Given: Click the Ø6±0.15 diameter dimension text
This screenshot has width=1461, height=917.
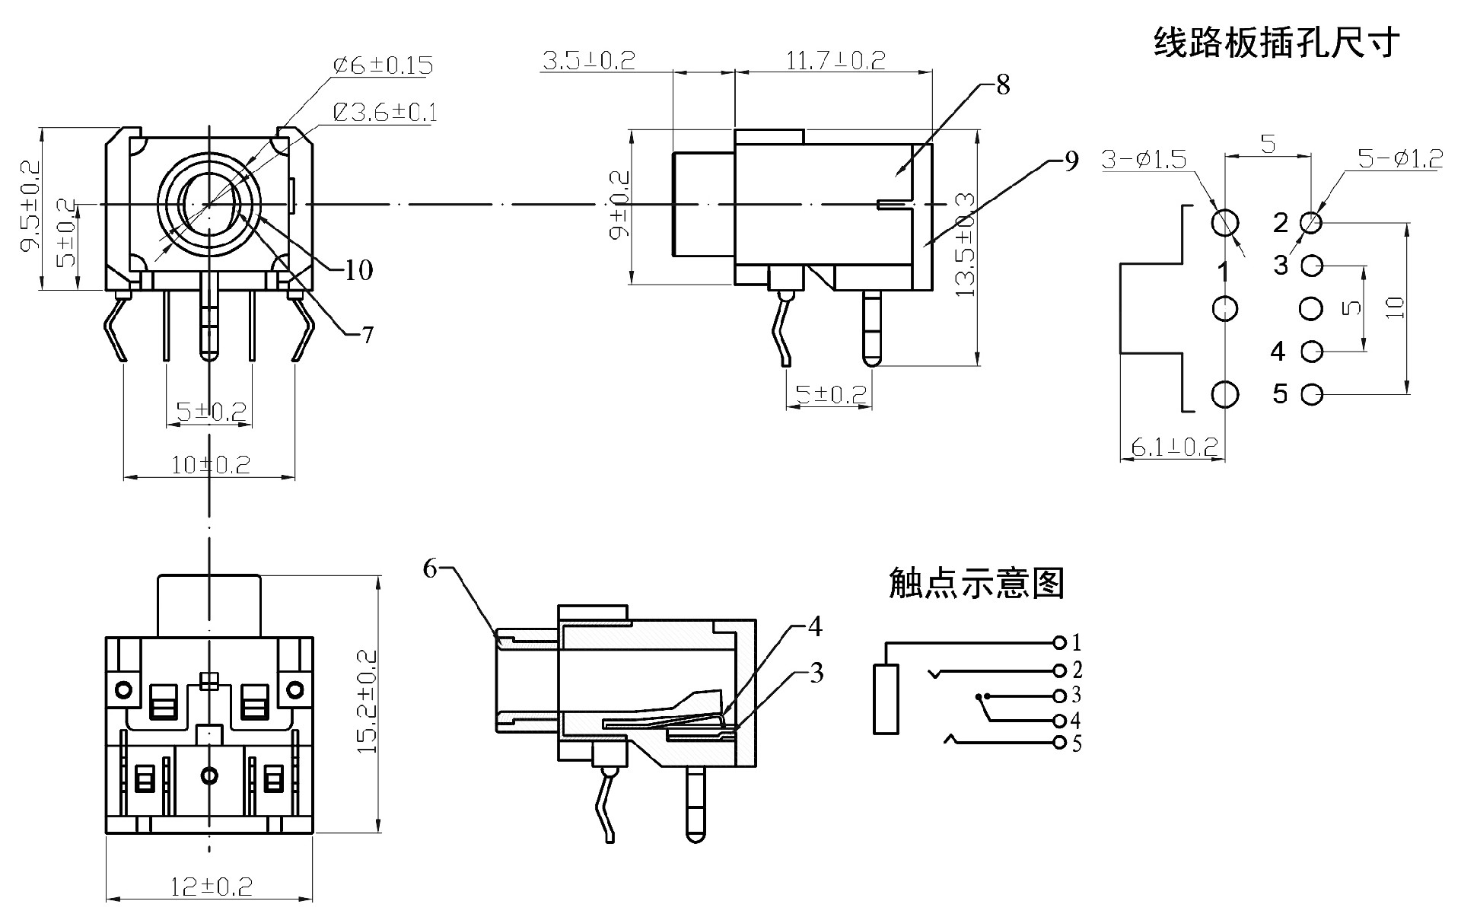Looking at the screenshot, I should (384, 65).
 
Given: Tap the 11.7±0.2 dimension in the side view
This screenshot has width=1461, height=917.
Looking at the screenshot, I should (835, 61).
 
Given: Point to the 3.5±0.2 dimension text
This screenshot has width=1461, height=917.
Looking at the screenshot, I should (587, 61).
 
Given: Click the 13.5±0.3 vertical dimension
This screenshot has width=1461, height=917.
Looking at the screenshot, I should (965, 245).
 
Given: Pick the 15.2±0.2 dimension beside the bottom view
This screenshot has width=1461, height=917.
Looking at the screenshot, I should (368, 701).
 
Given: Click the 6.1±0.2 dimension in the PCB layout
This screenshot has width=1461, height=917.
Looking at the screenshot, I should (1174, 447).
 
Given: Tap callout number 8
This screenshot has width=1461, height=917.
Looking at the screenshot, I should (1003, 85).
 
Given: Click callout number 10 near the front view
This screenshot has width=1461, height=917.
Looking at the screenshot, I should (358, 269).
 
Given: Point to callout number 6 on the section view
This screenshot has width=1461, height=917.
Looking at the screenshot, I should (431, 568).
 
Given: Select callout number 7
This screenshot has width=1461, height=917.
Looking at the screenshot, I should (368, 335).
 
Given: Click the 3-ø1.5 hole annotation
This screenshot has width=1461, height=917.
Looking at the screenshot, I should (1144, 160).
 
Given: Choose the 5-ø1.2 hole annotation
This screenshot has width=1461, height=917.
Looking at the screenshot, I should (1400, 159).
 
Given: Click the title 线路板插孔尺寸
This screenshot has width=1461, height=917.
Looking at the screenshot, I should (1276, 43).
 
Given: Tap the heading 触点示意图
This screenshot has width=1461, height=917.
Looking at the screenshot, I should (976, 584).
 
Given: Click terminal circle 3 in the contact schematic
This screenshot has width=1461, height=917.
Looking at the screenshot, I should (1059, 696).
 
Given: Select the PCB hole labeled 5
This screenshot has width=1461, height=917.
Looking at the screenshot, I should (1312, 395).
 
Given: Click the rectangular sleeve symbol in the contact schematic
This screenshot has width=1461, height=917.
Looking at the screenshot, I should (886, 699).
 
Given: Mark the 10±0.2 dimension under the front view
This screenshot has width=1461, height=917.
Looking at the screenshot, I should (210, 464).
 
